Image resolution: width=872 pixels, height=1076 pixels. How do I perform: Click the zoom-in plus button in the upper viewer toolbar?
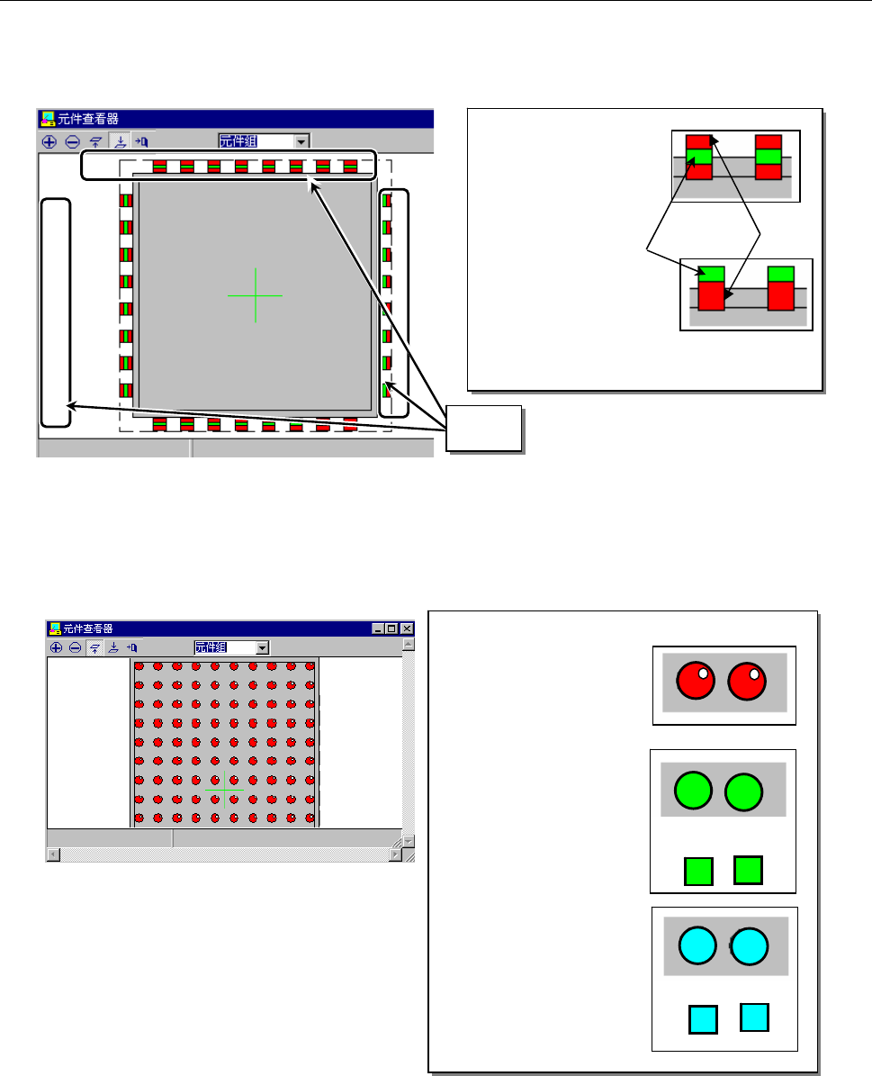click(49, 141)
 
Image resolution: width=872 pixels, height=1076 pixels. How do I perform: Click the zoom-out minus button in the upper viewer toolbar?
click(72, 141)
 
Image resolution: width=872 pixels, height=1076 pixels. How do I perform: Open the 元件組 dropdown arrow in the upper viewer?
click(301, 140)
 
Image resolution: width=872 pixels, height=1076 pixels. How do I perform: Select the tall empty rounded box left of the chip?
click(55, 312)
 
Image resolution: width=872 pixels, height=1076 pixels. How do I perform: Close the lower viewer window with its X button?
click(407, 628)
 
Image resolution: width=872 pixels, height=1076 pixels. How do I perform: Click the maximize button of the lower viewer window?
click(392, 628)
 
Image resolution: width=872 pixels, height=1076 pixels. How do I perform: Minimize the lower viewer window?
click(379, 628)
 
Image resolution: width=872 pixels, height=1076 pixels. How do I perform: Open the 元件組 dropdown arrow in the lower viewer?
click(262, 647)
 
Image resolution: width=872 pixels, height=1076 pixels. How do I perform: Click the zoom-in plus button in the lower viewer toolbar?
click(56, 647)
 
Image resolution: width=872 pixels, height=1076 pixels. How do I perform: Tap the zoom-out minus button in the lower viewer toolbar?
click(75, 647)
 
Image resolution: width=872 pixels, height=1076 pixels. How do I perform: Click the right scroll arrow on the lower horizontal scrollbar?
click(394, 854)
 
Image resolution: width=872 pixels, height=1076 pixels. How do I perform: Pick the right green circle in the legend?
click(744, 791)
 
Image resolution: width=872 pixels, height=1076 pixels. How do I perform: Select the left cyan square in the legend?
click(703, 1019)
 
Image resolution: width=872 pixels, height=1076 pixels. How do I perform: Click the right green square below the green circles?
click(749, 869)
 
